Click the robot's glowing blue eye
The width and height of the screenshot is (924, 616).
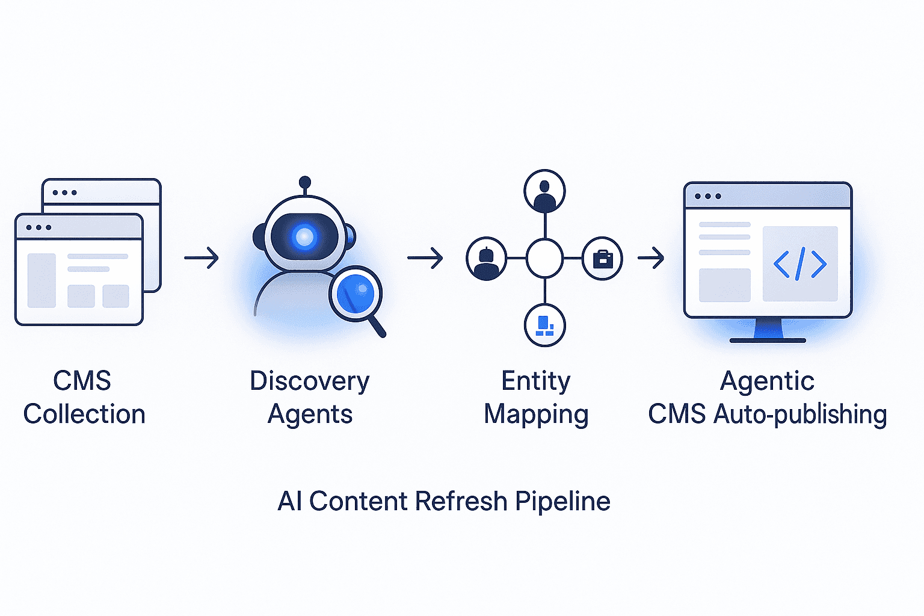point(304,236)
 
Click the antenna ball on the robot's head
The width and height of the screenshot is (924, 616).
point(305,182)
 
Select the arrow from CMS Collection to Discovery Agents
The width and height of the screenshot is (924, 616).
point(202,258)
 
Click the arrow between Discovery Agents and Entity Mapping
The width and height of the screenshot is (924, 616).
point(425,258)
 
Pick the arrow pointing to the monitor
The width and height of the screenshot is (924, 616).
point(651,259)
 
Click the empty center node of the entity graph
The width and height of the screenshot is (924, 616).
point(544,258)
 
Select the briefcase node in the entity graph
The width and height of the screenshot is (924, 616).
point(602,259)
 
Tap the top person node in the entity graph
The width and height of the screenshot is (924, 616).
point(544,191)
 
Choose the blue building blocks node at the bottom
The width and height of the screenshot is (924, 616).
point(544,325)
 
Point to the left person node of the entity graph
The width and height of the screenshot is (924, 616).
point(487,259)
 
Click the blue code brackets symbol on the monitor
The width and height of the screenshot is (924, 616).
point(799,263)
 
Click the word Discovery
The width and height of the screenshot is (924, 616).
point(309,381)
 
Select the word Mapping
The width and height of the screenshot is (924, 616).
point(536,414)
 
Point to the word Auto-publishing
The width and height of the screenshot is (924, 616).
point(800,414)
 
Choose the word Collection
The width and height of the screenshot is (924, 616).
point(84,414)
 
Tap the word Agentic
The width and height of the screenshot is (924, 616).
point(767,381)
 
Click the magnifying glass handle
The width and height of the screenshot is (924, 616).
point(377,327)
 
